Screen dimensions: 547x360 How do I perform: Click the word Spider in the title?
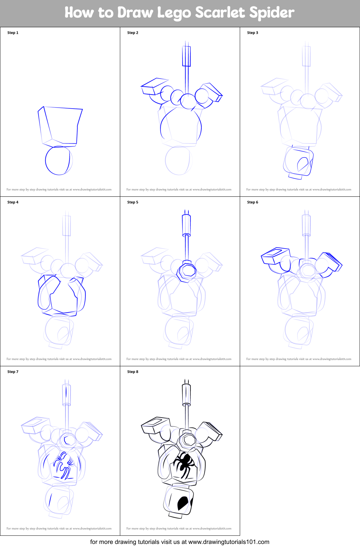click(x=271, y=13)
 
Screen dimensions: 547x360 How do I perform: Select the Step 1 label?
click(x=13, y=33)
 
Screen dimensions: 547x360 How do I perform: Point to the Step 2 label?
click(x=133, y=33)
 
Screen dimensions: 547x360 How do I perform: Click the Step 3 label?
click(x=253, y=33)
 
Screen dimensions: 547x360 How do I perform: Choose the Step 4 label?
click(x=13, y=202)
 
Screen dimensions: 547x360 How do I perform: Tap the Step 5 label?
click(x=133, y=202)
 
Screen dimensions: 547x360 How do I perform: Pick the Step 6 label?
click(x=253, y=202)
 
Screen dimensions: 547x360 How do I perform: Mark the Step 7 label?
click(x=13, y=372)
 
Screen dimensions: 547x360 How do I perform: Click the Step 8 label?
click(x=133, y=372)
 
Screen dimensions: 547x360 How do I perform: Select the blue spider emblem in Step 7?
click(x=63, y=465)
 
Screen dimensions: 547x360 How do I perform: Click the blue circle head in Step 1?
click(x=58, y=160)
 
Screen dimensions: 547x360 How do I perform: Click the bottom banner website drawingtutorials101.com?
click(x=229, y=542)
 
